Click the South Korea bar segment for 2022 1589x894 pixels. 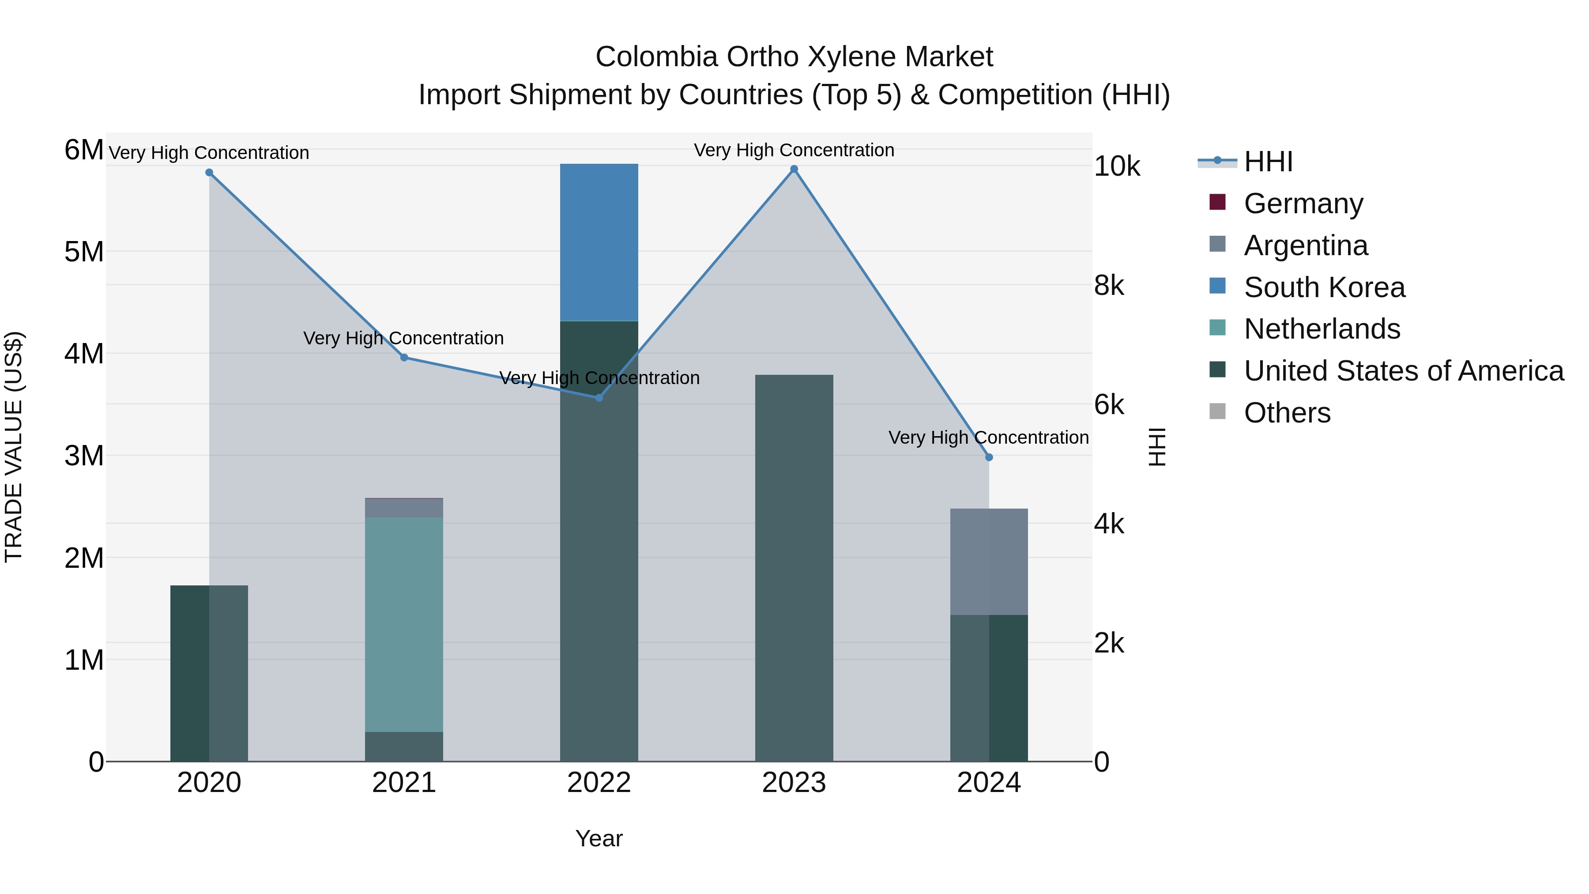coord(599,242)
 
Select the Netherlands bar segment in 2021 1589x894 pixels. coord(403,624)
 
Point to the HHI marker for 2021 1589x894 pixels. coord(403,357)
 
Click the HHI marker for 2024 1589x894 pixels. coord(988,457)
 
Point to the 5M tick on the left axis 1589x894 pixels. coord(84,252)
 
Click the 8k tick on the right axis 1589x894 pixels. coord(1108,286)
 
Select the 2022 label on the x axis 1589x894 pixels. coord(599,782)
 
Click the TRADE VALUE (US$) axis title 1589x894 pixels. coord(14,447)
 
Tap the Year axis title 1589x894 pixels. coord(599,838)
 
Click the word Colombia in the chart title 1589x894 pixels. coord(656,57)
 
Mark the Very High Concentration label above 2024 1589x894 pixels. coord(988,438)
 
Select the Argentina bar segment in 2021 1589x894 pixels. coord(403,508)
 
